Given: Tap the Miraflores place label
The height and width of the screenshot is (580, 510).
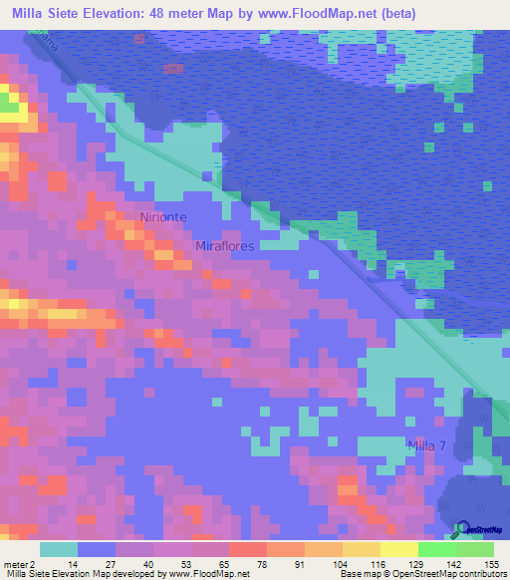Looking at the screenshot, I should pos(225,246).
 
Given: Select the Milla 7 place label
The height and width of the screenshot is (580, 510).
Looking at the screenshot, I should pos(426,444).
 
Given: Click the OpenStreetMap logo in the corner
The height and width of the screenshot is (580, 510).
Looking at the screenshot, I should pos(477,530).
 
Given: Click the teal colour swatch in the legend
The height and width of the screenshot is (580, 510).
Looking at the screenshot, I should pos(59,549).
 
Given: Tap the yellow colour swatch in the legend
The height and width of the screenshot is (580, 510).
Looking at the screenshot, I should pos(398,549).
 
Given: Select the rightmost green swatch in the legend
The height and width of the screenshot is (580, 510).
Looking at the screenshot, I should pos(474,549).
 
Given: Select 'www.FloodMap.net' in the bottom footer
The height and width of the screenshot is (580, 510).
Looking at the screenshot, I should pos(208,575).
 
